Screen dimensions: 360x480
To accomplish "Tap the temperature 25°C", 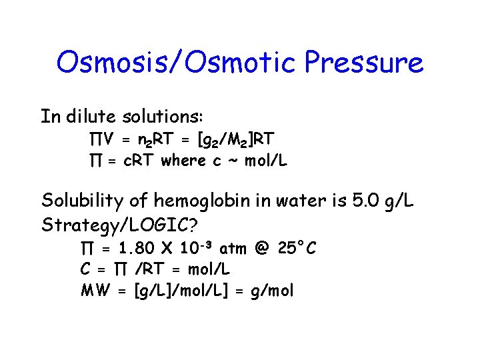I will pos(298,249).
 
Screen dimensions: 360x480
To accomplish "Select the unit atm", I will pos(233,249).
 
